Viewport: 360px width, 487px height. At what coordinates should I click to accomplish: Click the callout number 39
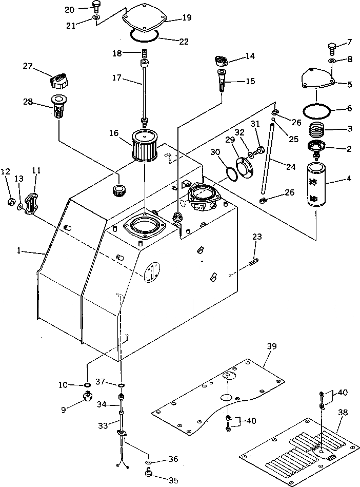click(x=271, y=347)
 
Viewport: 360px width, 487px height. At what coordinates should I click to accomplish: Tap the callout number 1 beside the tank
click(x=18, y=251)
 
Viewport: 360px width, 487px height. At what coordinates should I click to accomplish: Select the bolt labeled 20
click(x=96, y=6)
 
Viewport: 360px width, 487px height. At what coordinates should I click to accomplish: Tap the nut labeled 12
click(x=10, y=200)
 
